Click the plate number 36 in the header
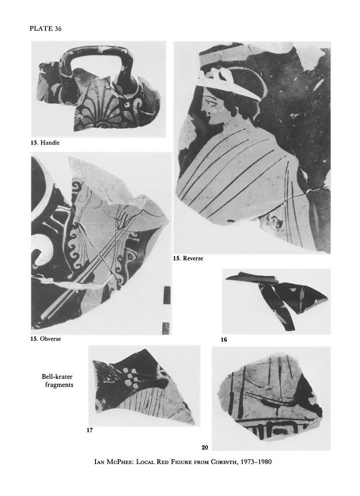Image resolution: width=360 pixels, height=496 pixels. tap(58, 29)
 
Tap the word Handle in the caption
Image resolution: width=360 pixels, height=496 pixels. tap(50, 143)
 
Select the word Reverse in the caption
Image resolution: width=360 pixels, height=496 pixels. tap(193, 259)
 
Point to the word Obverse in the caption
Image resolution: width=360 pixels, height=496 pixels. tap(50, 339)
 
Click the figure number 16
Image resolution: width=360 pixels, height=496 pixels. tap(224, 340)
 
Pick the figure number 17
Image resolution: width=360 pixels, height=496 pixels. tap(90, 430)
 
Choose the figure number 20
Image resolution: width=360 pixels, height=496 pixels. tap(204, 447)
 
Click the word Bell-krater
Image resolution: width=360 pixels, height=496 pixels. tap(57, 377)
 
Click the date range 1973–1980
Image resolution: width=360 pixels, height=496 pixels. tap(256, 462)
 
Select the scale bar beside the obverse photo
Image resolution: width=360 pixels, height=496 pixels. tap(166, 310)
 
